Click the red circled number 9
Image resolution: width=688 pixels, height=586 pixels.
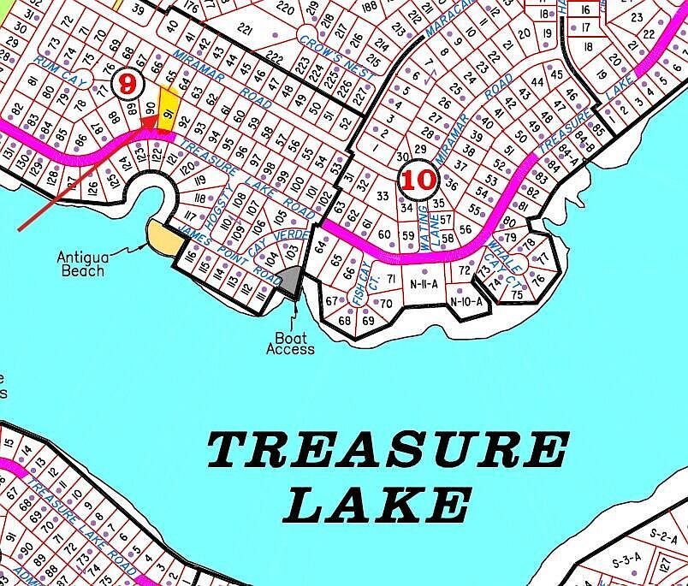pos(128,82)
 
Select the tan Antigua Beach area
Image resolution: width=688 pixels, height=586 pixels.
pos(162,237)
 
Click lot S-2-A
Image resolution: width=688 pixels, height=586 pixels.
pos(663,537)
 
